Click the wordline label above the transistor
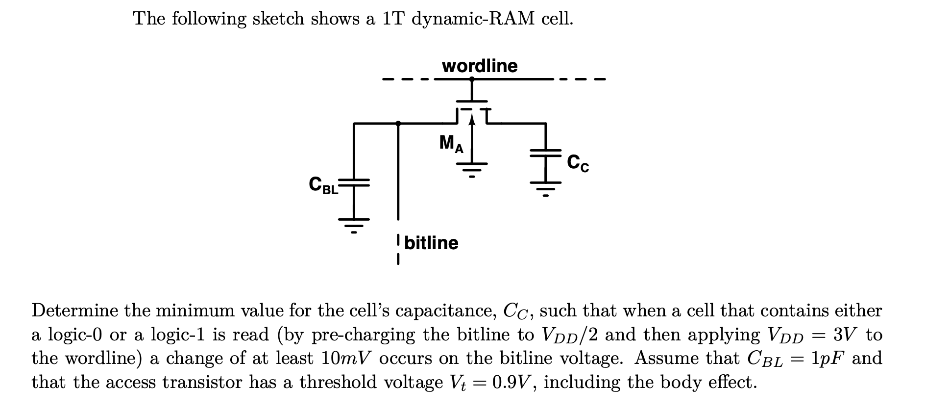point(479,66)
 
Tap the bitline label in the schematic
point(432,243)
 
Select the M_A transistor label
point(451,144)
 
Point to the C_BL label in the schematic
point(323,184)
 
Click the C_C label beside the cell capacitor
point(578,163)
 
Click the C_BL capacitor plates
point(354,183)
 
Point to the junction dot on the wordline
point(472,78)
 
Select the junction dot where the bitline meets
point(398,124)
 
